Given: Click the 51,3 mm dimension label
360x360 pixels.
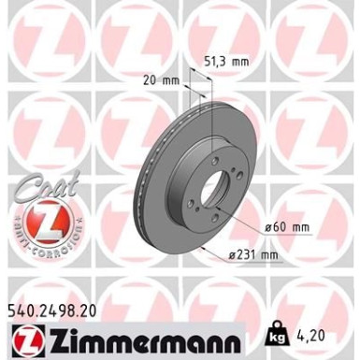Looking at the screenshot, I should coord(226,62).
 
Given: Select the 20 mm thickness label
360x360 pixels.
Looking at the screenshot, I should coord(163,81).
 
